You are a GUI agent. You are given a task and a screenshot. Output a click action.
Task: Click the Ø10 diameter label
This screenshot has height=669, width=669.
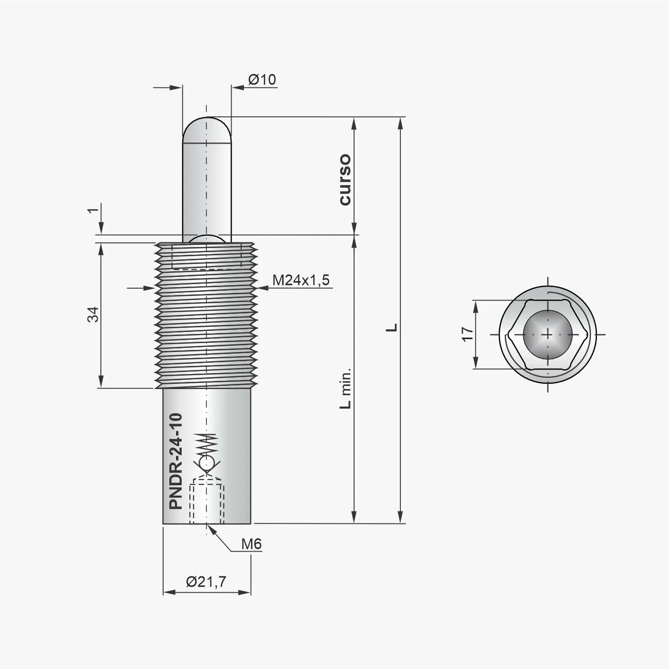pyautogui.click(x=262, y=80)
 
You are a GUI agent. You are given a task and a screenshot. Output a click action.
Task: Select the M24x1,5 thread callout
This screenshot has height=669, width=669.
pyautogui.click(x=301, y=280)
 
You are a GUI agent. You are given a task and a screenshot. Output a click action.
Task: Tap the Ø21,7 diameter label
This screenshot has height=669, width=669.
pyautogui.click(x=206, y=582)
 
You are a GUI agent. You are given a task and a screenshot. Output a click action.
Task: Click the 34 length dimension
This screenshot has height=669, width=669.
pyautogui.click(x=93, y=314)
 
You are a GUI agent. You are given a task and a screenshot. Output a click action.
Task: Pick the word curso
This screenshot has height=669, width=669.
pyautogui.click(x=344, y=179)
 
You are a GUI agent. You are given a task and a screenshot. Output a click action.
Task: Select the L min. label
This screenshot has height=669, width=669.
pyautogui.click(x=346, y=388)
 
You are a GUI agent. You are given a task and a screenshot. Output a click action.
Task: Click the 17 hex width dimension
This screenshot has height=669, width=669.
pyautogui.click(x=467, y=334)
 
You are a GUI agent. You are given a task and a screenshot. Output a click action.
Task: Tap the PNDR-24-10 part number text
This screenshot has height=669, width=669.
pyautogui.click(x=176, y=461)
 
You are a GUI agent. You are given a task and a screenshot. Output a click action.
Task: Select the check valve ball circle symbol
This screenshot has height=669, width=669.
pyautogui.click(x=206, y=464)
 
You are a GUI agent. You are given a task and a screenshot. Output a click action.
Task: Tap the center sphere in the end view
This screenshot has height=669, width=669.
pyautogui.click(x=547, y=334)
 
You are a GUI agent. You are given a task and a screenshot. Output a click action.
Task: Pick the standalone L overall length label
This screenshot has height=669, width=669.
pyautogui.click(x=392, y=327)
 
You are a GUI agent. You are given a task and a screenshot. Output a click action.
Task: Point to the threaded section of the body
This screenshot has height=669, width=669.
pyautogui.click(x=206, y=329)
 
